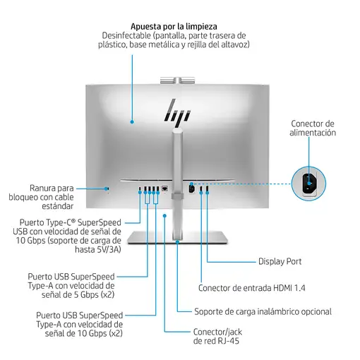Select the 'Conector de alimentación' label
(313, 128)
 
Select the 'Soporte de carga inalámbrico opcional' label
(263, 311)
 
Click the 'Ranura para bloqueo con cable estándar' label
(52, 198)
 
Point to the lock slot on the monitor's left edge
(107, 188)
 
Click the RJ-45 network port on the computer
(164, 188)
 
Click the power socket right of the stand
(192, 188)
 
